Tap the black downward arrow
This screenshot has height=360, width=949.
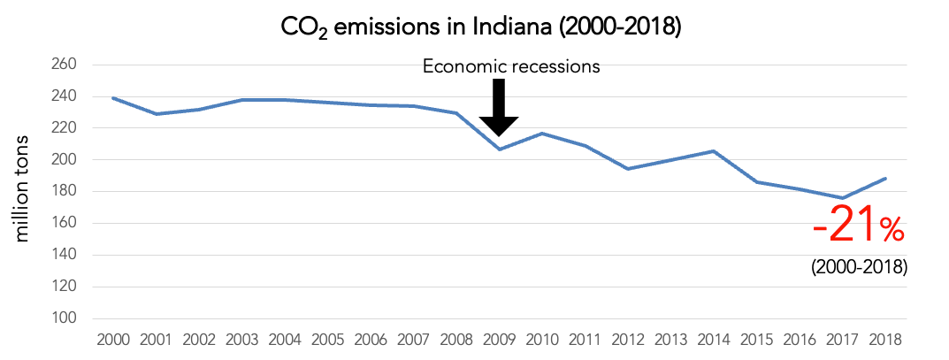pos(498,107)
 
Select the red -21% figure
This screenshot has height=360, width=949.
pos(859,231)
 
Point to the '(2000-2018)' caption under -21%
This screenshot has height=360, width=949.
pos(859,266)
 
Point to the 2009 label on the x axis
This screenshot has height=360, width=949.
pos(499,340)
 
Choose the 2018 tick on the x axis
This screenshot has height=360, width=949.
pos(885,340)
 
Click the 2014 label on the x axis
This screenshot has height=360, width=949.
pos(714,340)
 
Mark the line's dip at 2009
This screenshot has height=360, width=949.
pos(499,149)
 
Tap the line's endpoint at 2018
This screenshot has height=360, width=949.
pos(885,179)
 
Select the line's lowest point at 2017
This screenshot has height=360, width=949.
pos(843,198)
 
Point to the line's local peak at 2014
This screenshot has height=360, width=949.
pos(714,151)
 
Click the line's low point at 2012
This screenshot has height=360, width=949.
pos(628,169)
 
